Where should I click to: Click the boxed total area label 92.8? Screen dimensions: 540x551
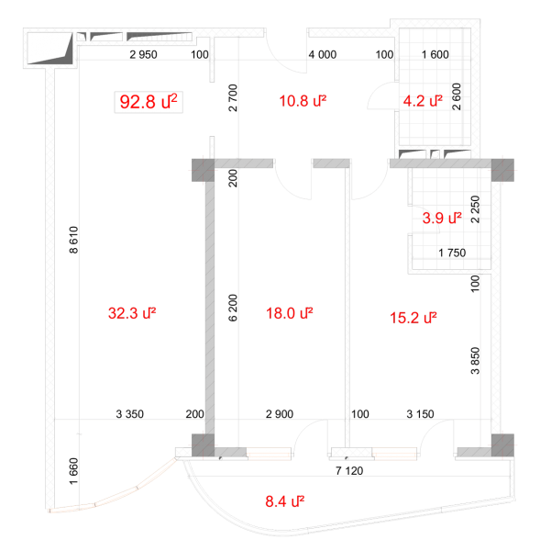149,102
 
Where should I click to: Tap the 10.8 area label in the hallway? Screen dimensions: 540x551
303,101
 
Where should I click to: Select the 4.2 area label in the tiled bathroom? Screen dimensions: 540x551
423,101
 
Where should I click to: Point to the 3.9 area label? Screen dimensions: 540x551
442,219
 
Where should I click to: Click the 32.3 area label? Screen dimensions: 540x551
132,313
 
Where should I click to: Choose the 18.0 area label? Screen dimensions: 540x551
290,313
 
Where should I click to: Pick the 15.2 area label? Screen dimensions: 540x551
413,318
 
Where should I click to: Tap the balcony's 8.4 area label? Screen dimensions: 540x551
285,501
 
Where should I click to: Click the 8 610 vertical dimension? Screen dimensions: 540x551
73,240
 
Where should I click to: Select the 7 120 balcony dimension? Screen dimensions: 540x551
349,471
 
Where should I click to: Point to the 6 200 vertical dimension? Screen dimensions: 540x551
233,308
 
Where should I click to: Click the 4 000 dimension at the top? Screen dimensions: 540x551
323,54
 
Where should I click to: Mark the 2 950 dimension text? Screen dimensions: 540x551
143,54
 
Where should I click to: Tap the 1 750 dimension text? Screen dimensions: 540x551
452,253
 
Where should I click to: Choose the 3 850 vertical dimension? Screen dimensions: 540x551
475,361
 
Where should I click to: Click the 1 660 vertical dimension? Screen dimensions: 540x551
73,471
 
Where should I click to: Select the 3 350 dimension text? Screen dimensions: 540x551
130,414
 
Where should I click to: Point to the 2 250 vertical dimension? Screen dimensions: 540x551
475,209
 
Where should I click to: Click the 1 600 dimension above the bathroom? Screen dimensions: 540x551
435,54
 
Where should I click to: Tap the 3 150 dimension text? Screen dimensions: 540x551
420,414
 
